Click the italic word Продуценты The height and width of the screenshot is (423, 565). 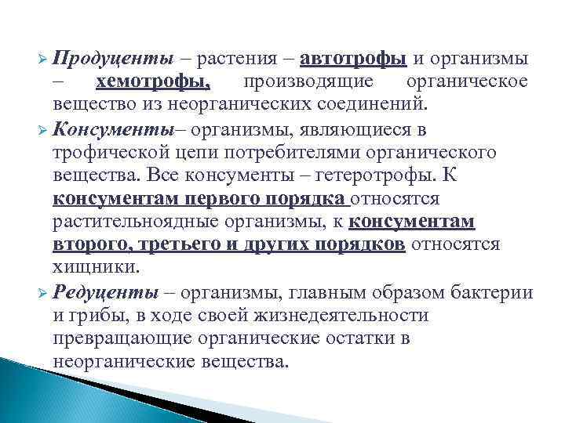click(x=115, y=60)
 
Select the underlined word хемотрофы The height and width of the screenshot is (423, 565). click(x=152, y=81)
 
